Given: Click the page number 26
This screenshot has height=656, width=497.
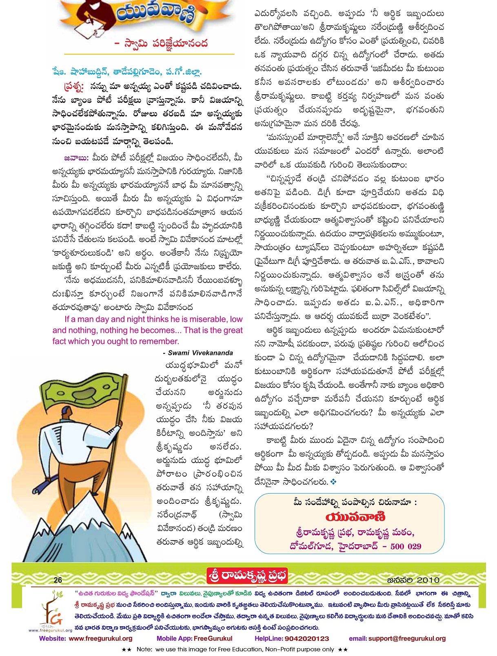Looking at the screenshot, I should (58, 580).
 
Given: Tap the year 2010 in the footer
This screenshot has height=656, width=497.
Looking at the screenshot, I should (428, 580).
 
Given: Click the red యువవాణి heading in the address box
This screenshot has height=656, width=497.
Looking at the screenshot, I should (355, 517).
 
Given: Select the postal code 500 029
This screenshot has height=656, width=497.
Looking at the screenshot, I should (406, 546).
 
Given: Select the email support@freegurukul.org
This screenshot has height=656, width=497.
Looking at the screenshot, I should (407, 638).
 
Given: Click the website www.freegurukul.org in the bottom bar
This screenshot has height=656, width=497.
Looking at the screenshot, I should (100, 638).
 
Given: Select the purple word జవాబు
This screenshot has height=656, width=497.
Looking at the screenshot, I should (76, 158).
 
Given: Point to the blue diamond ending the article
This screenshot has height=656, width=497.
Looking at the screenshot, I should (333, 482).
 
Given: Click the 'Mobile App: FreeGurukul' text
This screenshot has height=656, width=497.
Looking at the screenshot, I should (194, 638).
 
